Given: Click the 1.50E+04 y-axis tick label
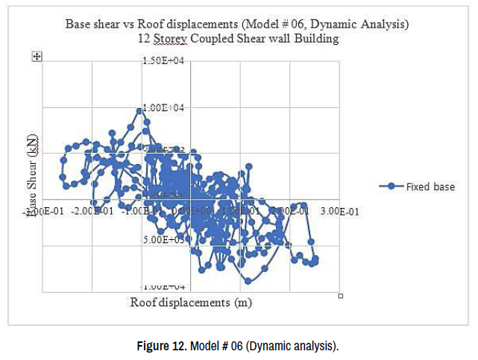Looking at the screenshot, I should pyautogui.click(x=162, y=60).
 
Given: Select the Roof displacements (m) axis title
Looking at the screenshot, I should pyautogui.click(x=190, y=303).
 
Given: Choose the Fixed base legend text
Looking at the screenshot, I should pyautogui.click(x=430, y=186).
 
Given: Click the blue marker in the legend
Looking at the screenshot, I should pyautogui.click(x=391, y=186).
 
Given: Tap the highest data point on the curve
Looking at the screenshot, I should pyautogui.click(x=139, y=110).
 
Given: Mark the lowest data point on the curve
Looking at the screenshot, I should pyautogui.click(x=248, y=281).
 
